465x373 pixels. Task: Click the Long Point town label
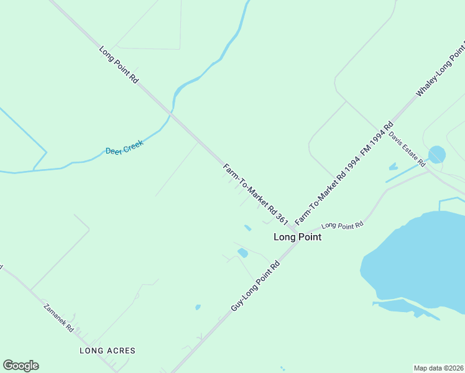298,237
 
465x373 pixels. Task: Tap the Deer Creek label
124,147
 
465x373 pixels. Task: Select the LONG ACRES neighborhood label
108,351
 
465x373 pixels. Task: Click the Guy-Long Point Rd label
256,286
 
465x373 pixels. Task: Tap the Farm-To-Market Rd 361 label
256,193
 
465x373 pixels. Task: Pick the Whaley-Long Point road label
441,68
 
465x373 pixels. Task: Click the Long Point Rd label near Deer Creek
118,65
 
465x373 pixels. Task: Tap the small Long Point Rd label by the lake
342,226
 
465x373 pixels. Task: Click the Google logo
21,366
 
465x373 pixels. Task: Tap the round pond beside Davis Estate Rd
437,154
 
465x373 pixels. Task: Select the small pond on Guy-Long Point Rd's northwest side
242,253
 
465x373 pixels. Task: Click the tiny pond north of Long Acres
198,306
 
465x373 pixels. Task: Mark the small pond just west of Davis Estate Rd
393,167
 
